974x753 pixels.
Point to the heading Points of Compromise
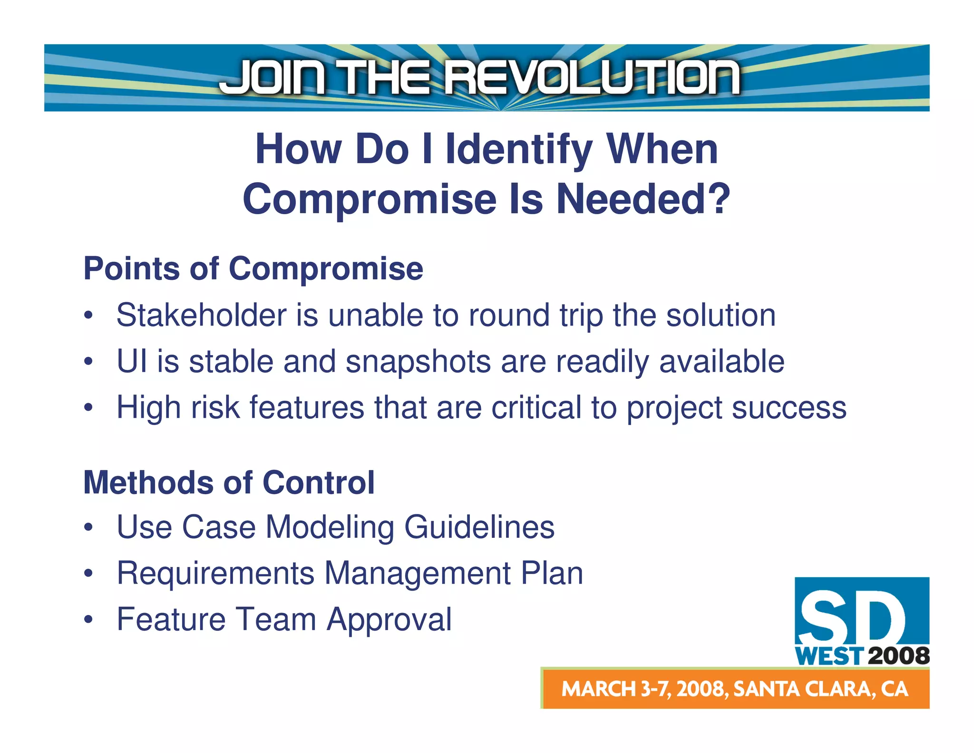pyautogui.click(x=253, y=268)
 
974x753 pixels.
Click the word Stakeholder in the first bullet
pyautogui.click(x=202, y=315)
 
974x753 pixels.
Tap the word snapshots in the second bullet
pyautogui.click(x=418, y=361)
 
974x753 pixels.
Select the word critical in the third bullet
pyautogui.click(x=536, y=407)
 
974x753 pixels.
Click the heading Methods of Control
pyautogui.click(x=229, y=483)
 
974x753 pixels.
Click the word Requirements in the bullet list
pyautogui.click(x=215, y=573)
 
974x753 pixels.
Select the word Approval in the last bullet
pyautogui.click(x=389, y=619)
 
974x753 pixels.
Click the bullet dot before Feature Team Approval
pyautogui.click(x=88, y=620)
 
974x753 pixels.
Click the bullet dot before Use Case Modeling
pyautogui.click(x=88, y=527)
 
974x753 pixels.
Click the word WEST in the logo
pyautogui.click(x=829, y=656)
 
